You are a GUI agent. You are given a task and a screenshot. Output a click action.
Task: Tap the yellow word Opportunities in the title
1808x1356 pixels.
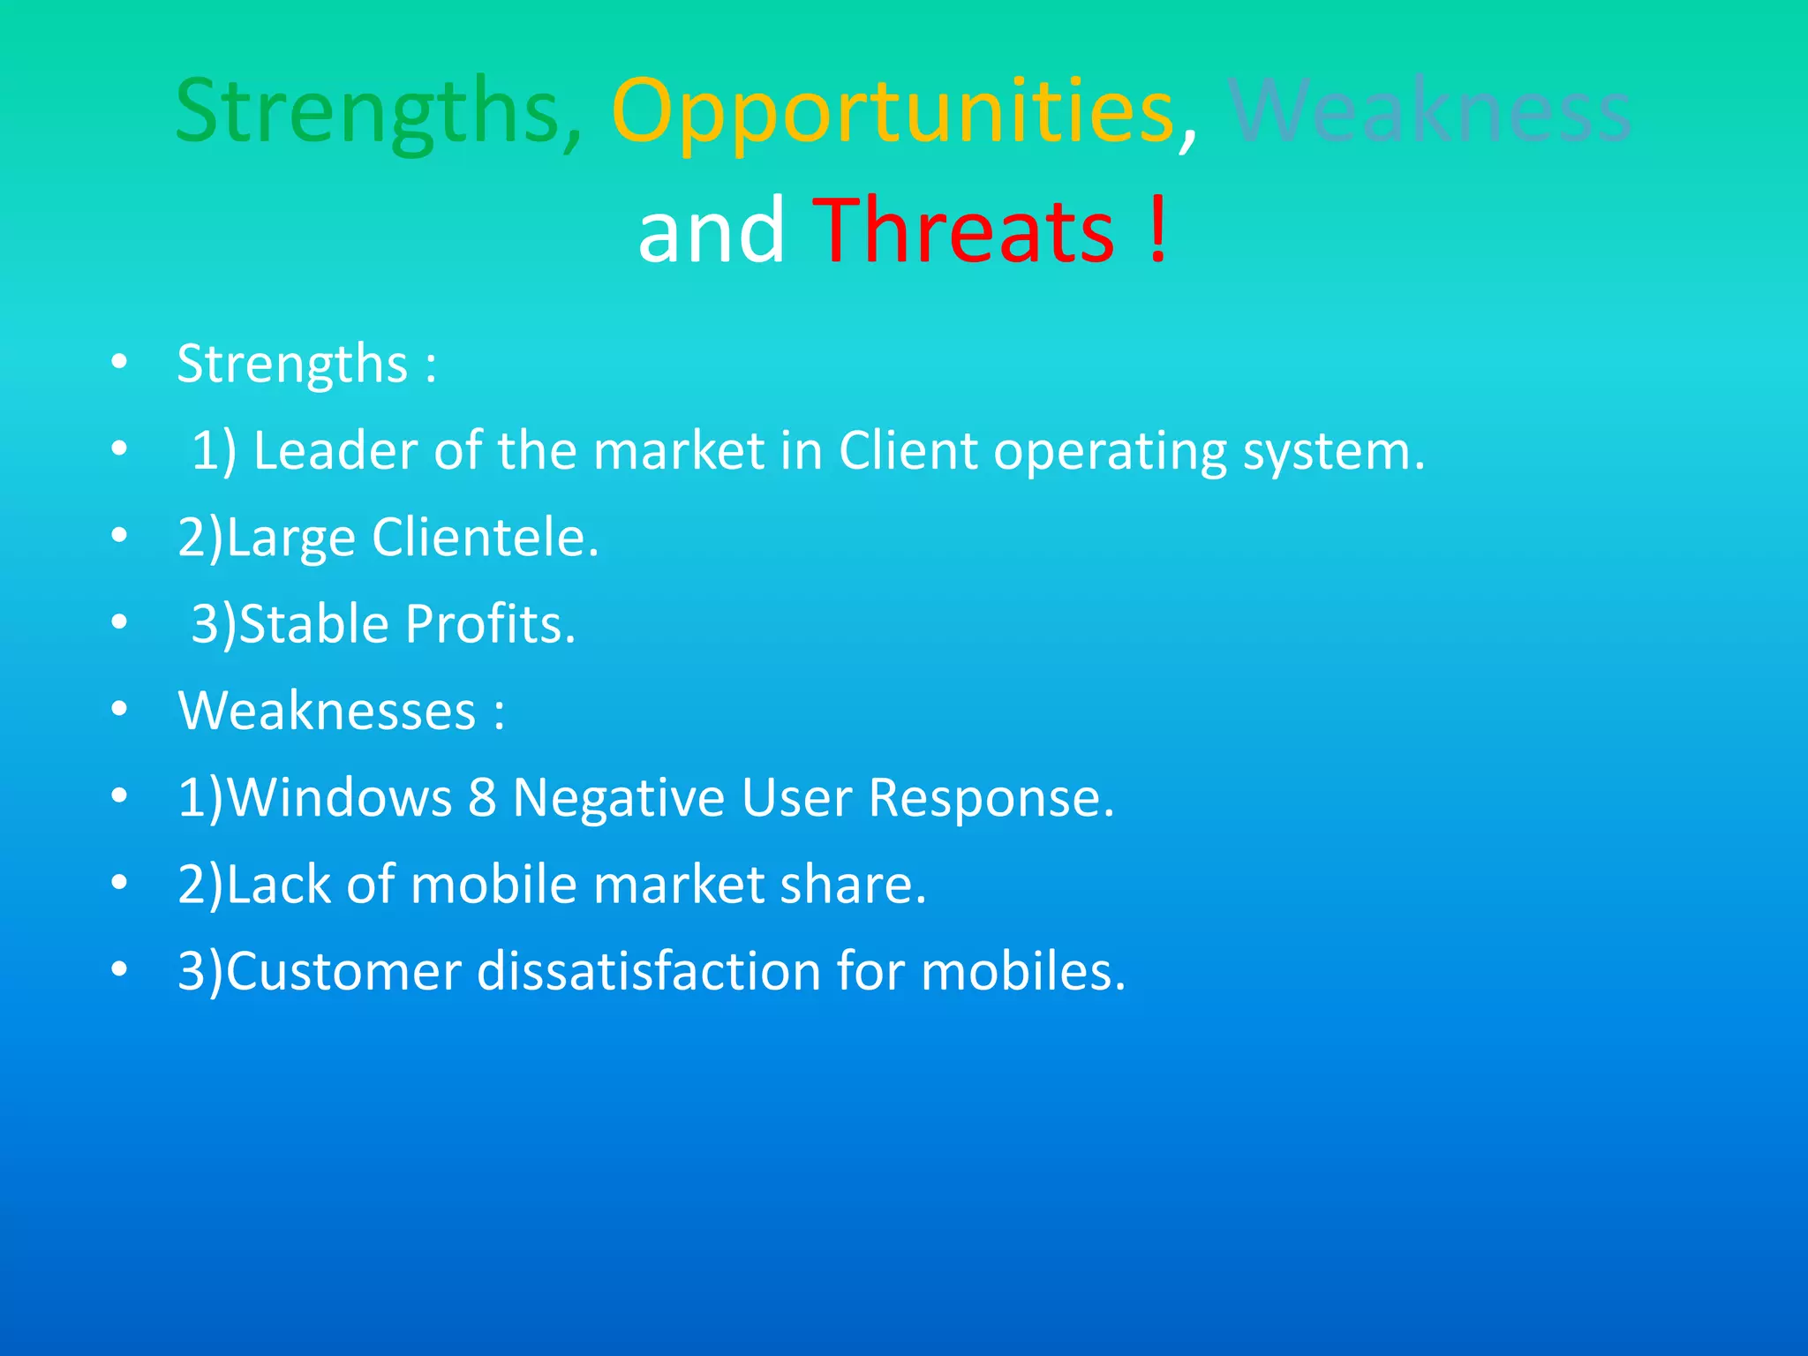click(892, 112)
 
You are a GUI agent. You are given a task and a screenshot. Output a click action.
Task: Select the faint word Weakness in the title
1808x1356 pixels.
click(1429, 112)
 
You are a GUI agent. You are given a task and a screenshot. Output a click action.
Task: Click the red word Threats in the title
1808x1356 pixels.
click(963, 230)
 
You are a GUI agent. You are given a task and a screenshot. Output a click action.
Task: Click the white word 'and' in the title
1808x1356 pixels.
click(711, 230)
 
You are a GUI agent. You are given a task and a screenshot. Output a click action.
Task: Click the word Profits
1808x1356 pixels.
click(490, 624)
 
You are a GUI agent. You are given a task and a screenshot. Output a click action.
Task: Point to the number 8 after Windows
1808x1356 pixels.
click(482, 797)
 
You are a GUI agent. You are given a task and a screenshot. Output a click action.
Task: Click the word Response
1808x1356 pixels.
click(991, 799)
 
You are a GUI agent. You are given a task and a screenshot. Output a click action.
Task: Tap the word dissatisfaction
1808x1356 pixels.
click(649, 971)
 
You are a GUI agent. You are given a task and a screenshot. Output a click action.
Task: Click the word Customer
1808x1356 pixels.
click(344, 971)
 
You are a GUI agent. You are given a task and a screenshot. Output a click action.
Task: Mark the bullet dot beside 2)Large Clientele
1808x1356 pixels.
click(120, 536)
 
